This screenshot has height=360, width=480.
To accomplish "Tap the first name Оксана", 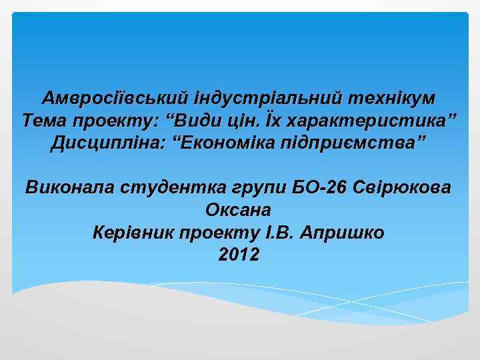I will (x=238, y=210).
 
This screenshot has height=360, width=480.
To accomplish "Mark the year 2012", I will (x=239, y=255).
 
